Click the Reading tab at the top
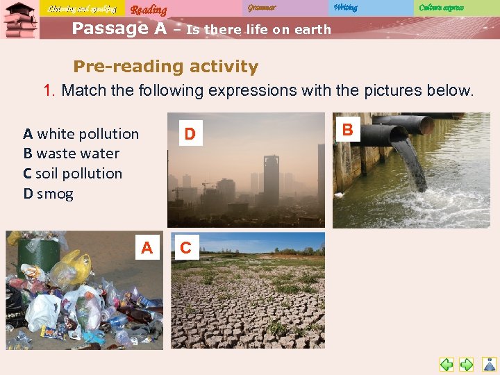149,9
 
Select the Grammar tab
261,8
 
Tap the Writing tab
345,8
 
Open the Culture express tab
441,8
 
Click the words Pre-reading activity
165,67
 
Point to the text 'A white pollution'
81,133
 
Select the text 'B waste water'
71,153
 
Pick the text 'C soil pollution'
72,174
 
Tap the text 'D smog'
48,194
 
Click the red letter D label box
190,133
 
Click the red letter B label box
348,130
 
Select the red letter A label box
147,247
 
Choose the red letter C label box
185,247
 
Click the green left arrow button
447,364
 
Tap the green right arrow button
467,364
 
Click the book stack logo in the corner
19,21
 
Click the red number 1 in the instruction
49,90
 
